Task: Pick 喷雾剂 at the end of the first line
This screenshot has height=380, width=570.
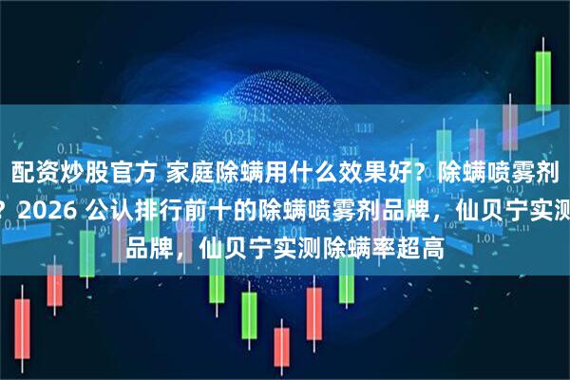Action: coord(536,173)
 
